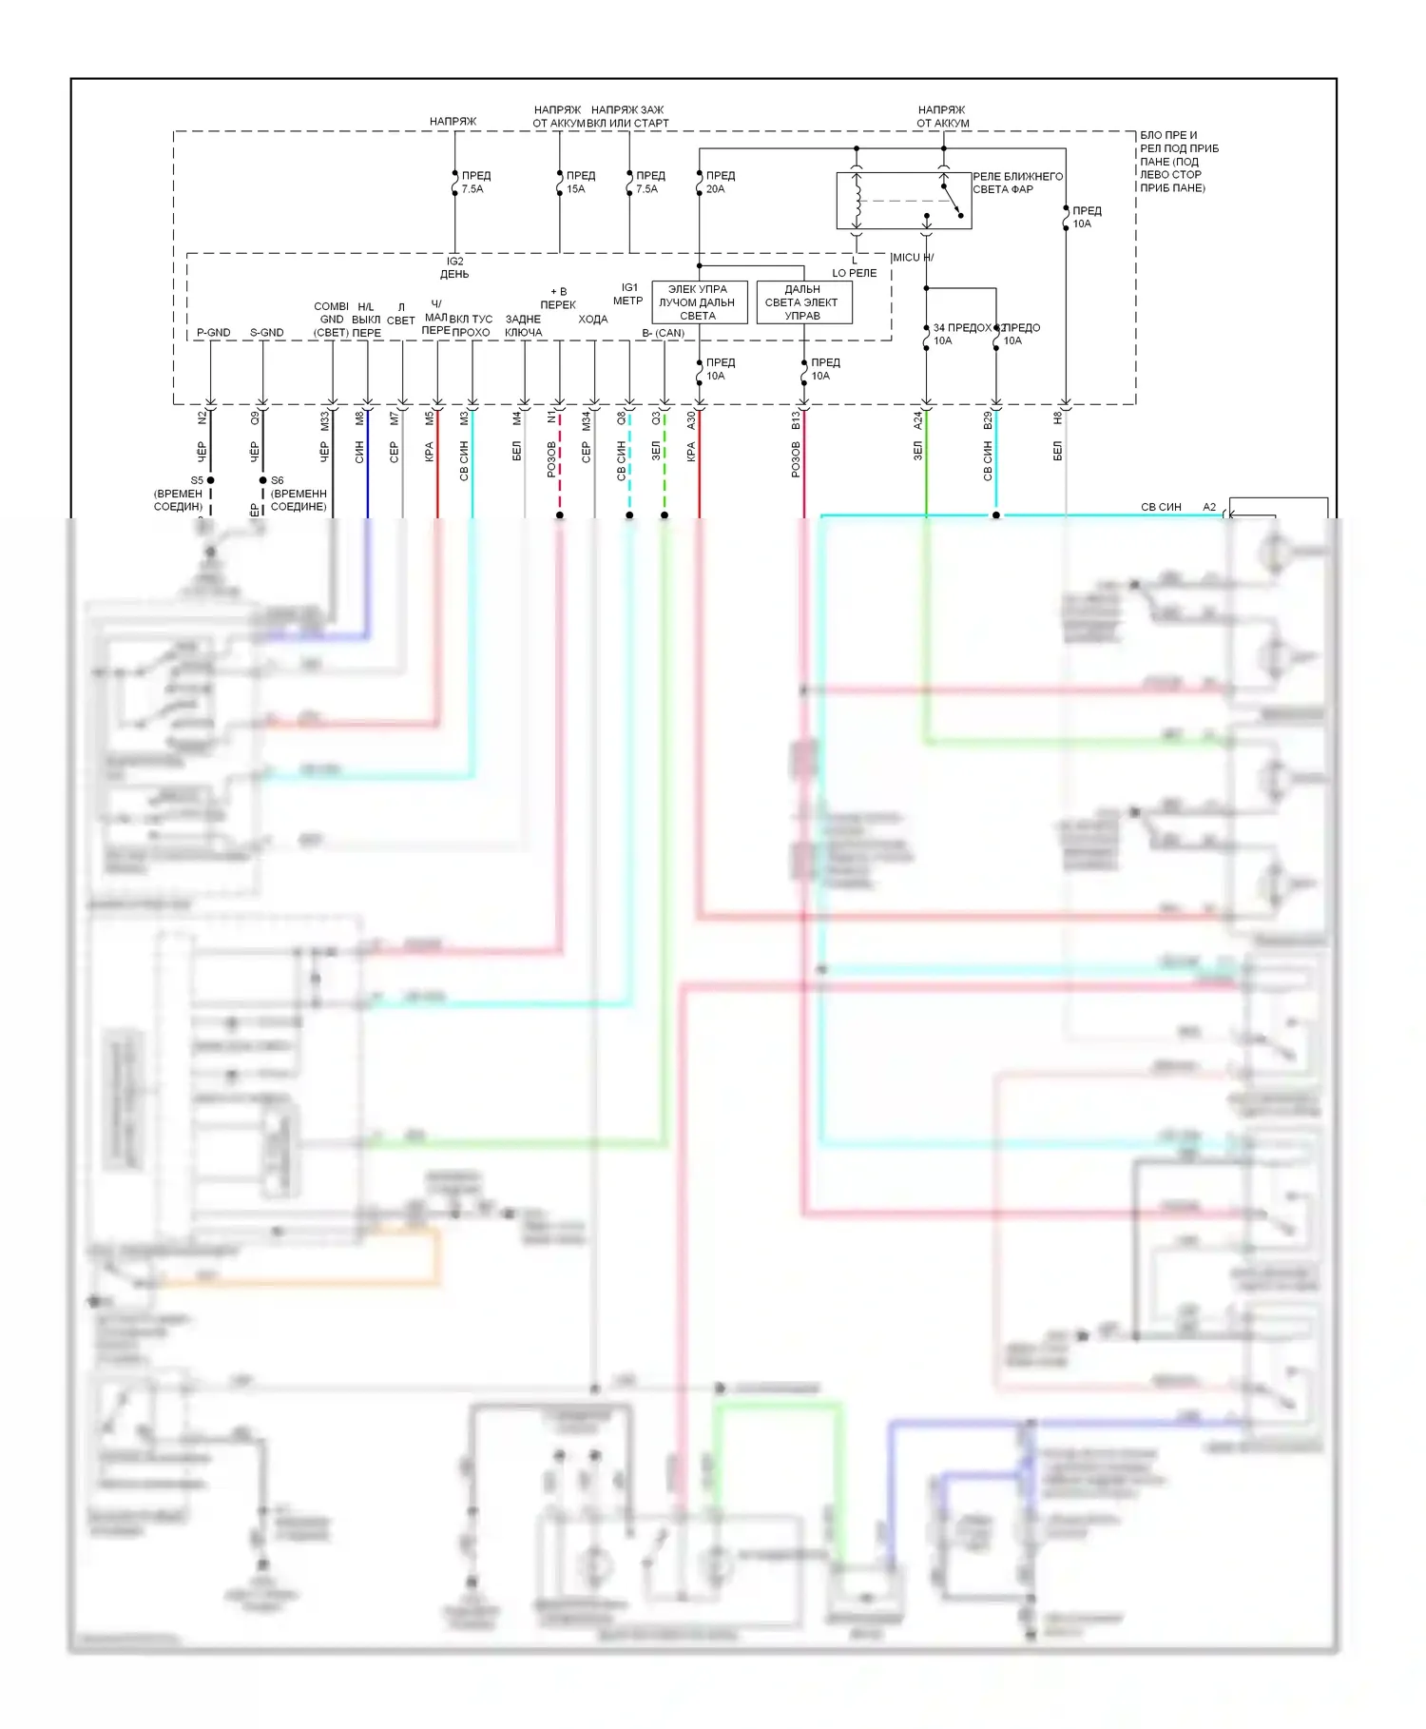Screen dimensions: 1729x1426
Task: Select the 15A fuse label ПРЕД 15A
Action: [580, 183]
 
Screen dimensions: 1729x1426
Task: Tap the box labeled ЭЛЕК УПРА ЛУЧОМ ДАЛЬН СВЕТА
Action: [699, 302]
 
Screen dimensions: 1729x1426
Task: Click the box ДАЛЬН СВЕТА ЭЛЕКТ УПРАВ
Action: [803, 302]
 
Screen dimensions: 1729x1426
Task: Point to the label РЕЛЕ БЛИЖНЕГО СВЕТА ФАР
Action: [1016, 184]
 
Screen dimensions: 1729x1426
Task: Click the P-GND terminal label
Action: [213, 333]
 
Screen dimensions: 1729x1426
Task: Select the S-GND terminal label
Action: [266, 333]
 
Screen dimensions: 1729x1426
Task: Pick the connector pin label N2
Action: [202, 418]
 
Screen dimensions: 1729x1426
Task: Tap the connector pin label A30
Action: [691, 420]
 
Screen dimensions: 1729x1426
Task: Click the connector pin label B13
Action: [796, 420]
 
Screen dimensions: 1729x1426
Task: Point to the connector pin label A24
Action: [917, 420]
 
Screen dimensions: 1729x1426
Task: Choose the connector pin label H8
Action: [1057, 418]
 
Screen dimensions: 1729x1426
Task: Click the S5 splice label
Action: [197, 480]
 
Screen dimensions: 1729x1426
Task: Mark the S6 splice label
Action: [278, 480]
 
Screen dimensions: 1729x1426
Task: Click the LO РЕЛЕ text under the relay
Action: [854, 273]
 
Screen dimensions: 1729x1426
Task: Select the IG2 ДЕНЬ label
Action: [454, 267]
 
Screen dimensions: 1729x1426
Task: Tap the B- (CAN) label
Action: [663, 333]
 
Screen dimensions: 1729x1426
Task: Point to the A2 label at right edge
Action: [1209, 507]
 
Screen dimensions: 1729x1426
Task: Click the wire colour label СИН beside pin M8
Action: [359, 452]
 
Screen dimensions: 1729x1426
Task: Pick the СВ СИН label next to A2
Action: [1161, 507]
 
